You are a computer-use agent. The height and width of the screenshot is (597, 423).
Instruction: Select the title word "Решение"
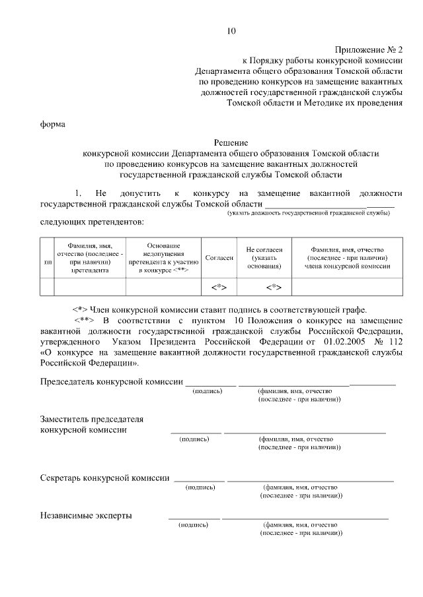231,142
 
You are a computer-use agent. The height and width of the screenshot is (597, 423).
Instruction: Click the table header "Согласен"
219,258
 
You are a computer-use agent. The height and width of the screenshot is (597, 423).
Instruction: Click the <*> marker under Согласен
219,287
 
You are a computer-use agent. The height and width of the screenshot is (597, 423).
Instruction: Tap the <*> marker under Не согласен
274,287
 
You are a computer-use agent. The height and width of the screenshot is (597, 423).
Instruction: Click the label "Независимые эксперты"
86,515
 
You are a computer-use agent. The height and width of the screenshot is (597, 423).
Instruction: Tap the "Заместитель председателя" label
92,419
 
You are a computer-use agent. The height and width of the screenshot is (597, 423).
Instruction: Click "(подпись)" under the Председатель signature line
208,391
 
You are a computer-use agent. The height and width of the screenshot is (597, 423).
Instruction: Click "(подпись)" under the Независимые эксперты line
193,525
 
